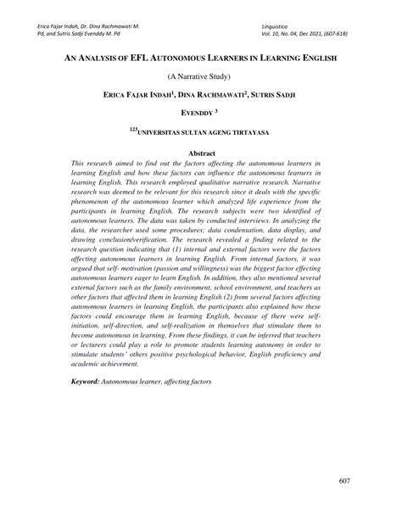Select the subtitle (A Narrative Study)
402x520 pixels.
coord(201,75)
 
